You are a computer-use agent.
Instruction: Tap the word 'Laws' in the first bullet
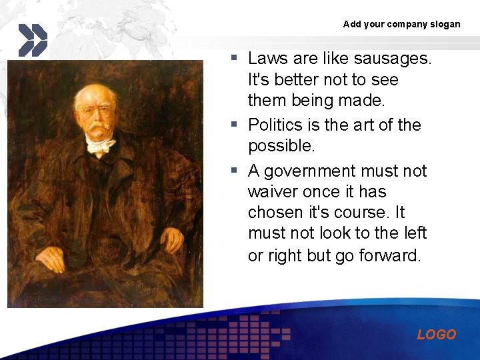click(269, 59)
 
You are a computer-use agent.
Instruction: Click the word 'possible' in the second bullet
click(279, 146)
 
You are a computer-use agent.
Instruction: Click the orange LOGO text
click(437, 335)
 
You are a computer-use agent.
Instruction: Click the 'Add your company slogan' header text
click(401, 24)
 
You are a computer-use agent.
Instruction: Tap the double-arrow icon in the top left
click(32, 39)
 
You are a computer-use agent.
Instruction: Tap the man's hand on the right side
click(171, 239)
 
